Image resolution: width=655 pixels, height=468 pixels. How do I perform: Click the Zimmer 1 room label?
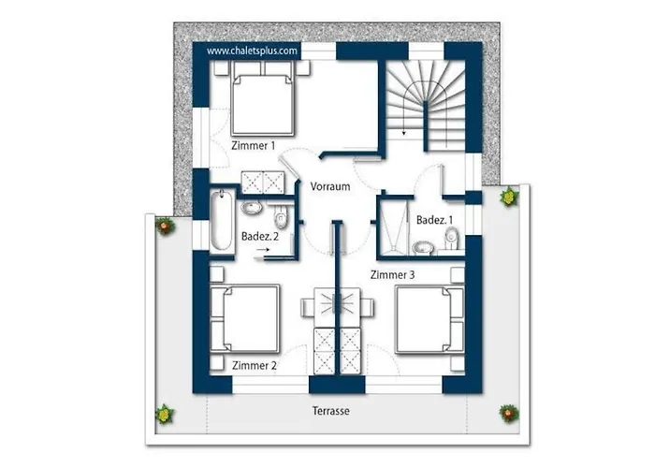254,146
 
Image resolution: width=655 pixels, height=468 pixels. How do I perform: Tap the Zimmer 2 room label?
254,366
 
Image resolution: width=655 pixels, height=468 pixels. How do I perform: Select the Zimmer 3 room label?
393,275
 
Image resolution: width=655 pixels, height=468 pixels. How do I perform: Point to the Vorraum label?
330,186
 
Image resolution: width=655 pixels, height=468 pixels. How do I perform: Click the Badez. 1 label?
434,220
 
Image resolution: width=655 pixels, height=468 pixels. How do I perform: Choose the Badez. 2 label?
260,237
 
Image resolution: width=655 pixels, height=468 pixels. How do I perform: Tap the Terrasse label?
331,411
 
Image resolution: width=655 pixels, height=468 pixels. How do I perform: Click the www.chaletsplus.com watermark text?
253,51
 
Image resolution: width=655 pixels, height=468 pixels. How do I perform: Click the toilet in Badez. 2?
281,215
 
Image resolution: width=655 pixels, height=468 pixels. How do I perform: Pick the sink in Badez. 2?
252,208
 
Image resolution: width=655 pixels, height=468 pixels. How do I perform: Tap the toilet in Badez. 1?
451,239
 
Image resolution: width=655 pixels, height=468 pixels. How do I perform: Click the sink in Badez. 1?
423,248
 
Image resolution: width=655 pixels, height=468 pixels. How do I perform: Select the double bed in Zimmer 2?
245,319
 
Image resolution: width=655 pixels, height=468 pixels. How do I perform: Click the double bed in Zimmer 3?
429,320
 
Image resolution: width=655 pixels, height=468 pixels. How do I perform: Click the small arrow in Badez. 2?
263,250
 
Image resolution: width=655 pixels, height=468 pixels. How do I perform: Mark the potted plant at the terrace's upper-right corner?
509,197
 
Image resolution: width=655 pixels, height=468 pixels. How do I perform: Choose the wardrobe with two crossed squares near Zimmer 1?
263,183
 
